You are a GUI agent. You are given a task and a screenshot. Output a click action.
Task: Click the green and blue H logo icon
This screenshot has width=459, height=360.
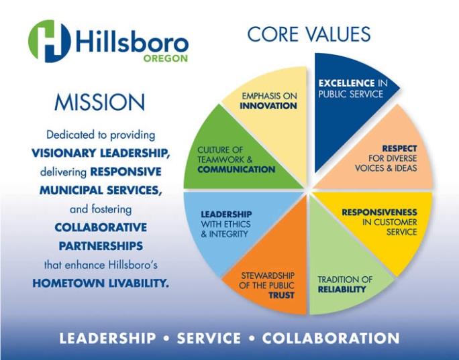pos(50,42)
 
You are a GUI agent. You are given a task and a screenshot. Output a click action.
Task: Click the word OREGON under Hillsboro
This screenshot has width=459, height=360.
pos(165,58)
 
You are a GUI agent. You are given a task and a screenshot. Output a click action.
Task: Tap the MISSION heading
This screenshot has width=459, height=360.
pos(99,103)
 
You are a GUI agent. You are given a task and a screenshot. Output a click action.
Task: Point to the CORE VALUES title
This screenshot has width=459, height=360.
pos(309,34)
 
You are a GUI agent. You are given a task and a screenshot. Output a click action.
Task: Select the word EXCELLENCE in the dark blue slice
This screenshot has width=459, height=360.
pos(346,83)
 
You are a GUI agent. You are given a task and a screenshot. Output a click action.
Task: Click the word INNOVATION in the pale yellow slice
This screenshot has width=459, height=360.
pos(268,105)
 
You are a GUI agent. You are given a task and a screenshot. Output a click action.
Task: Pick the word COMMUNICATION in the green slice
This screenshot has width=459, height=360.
pos(236,170)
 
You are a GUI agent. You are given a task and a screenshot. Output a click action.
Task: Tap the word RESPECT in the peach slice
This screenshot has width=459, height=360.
pos(399,149)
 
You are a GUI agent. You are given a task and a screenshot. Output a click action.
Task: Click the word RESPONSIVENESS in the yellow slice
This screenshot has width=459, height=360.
pos(379,212)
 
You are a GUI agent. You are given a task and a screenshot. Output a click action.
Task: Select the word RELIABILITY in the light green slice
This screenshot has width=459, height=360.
pos(342,289)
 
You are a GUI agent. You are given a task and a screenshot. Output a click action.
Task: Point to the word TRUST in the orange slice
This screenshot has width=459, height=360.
pos(281,296)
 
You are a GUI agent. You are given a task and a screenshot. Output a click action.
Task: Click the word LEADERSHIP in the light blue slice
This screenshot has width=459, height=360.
pos(226,214)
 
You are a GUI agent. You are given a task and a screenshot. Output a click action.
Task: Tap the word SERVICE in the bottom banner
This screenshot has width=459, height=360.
pos(209,338)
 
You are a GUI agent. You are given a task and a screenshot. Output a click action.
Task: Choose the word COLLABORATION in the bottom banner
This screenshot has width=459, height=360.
pos(331,338)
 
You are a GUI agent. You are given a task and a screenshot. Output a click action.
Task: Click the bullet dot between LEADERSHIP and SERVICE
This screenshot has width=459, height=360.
pos(166,339)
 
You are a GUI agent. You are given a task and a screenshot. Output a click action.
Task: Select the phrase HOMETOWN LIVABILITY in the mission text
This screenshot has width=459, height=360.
pos(101,283)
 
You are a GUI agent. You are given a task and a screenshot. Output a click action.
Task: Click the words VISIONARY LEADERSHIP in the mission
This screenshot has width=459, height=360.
pos(101,153)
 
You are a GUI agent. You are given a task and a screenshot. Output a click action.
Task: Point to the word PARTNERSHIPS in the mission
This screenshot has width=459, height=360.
pos(101,246)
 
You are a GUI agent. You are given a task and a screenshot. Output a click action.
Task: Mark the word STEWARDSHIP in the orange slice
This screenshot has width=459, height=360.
pos(268,276)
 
